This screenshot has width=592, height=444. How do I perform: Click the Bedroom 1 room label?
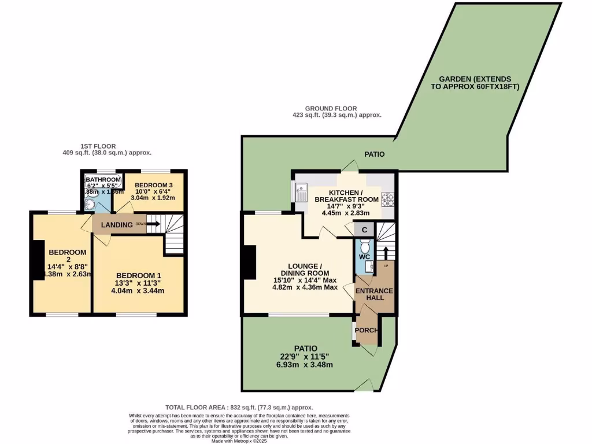point(139,275)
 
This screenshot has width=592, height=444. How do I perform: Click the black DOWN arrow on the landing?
point(153,224)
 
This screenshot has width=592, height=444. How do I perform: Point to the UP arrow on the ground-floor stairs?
point(386,253)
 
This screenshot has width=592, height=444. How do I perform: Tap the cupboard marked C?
point(364,230)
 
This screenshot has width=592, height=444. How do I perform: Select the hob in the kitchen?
point(387,199)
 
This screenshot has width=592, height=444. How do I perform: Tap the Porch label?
point(366,331)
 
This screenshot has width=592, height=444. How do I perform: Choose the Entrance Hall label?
point(374,294)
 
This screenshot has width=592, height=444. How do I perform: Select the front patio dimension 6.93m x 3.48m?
point(306,364)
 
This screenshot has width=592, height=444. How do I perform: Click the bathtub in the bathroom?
point(102,180)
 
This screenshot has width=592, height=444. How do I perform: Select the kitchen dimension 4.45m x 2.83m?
point(346,212)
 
